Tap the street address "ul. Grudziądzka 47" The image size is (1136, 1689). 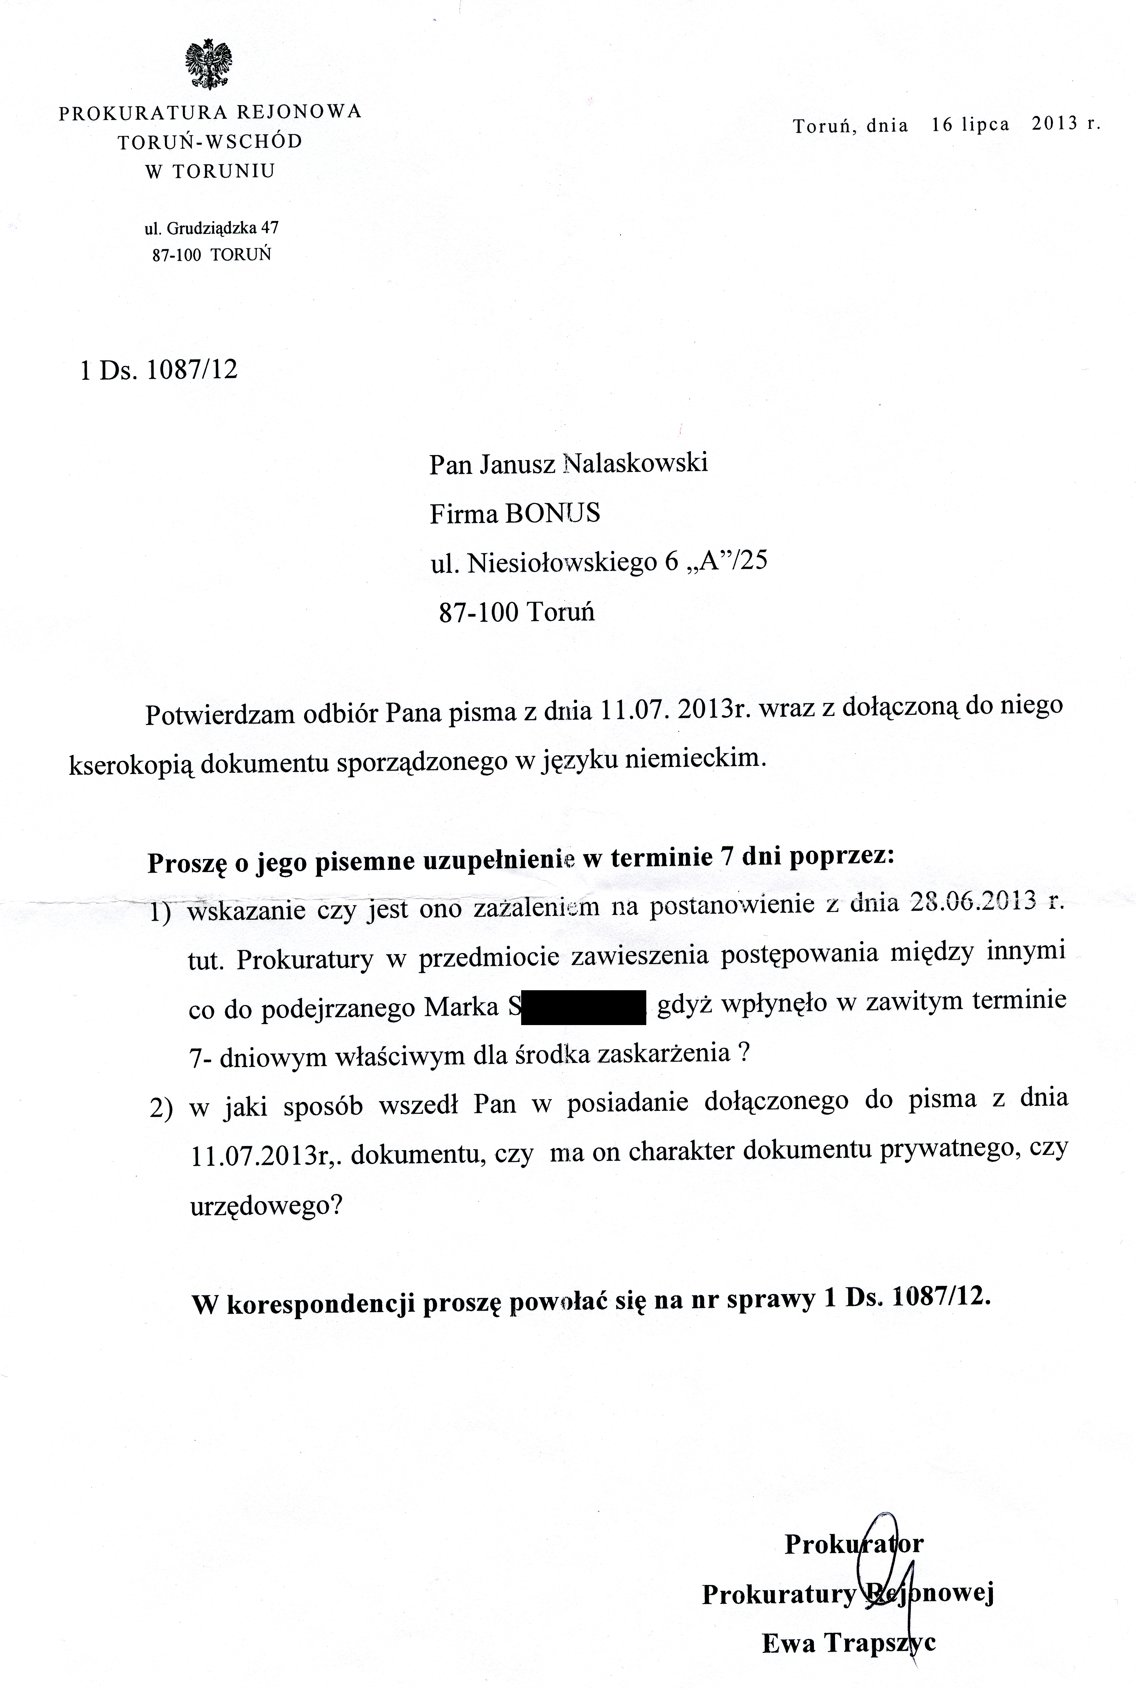[211, 228]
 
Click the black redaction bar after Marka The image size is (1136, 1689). [583, 1007]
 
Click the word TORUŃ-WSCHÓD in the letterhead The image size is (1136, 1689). [210, 141]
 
